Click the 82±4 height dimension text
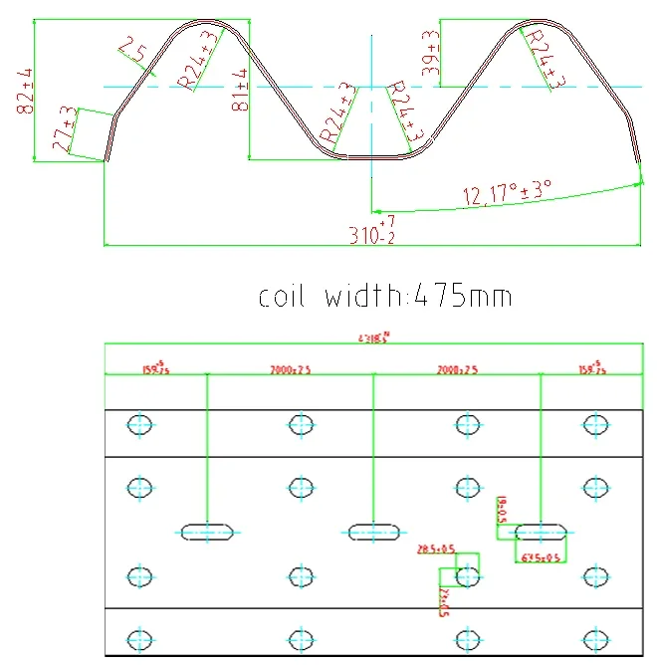pos(25,92)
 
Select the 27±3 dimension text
pos(63,129)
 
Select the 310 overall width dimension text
pos(371,234)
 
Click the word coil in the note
pos(286,296)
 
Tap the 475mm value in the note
pos(462,296)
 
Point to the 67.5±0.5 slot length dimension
pos(542,557)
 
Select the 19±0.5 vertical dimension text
pos(502,510)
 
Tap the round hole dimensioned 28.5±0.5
pos(467,574)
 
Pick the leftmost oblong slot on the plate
pos(207,533)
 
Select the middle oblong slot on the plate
pos(374,533)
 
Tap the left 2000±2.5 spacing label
pos(290,369)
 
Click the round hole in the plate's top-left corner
pos(140,425)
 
